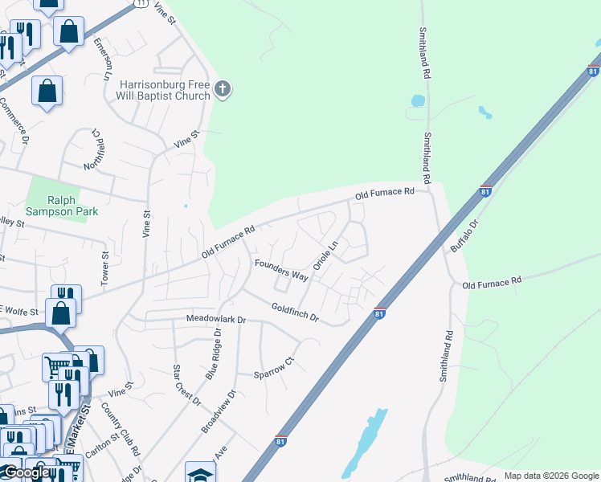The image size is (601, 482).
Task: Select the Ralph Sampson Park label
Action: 51,207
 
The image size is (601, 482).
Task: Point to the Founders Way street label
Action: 281,269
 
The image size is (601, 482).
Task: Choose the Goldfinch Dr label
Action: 295,313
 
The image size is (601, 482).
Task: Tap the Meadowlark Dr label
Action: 215,320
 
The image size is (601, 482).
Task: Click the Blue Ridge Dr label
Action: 214,353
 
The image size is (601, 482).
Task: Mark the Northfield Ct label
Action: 92,150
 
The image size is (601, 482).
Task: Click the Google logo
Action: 26,473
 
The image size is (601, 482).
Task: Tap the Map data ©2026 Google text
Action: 551,476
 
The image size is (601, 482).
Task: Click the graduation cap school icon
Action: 200,472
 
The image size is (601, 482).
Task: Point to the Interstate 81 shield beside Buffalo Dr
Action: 485,190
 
